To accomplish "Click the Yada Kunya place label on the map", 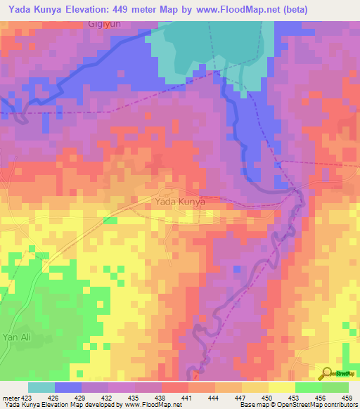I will (179, 201).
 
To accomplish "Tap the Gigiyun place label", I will (106, 24).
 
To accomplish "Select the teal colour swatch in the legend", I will (41, 387).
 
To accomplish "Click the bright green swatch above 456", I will (309, 387).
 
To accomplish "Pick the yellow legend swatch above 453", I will (282, 387).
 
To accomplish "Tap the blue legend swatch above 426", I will (68, 387).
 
